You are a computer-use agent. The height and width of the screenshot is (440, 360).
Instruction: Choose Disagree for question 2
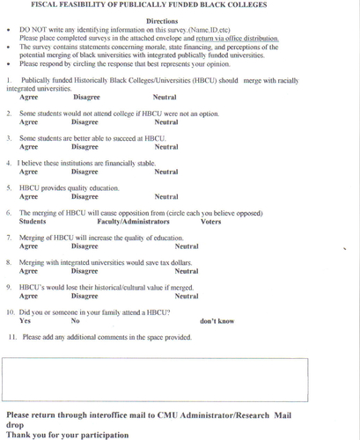tap(84, 122)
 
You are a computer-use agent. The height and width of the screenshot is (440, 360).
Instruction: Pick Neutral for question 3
tap(165, 147)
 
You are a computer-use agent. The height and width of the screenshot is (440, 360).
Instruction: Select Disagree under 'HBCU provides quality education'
tap(84, 197)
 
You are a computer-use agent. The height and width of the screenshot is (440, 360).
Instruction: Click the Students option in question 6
tap(33, 222)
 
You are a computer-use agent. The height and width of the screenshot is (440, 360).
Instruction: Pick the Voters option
tap(211, 222)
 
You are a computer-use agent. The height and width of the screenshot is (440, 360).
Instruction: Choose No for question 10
tap(76, 321)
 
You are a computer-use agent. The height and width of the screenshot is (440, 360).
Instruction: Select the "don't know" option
tap(217, 321)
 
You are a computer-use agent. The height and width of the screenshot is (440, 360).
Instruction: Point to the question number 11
tap(13, 337)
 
